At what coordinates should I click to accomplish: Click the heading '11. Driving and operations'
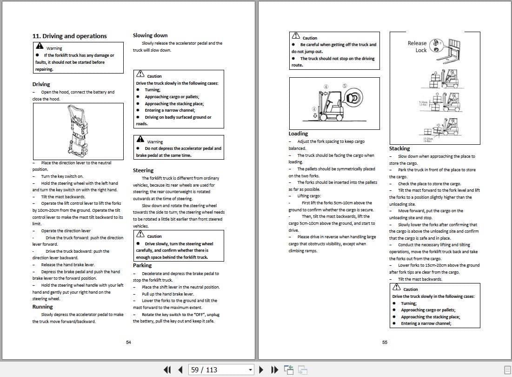[x=69, y=36]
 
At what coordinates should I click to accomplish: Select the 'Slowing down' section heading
[x=150, y=35]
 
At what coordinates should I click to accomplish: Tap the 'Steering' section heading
[x=143, y=170]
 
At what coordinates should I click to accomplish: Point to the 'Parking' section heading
[x=142, y=265]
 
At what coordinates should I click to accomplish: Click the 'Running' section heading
[x=42, y=307]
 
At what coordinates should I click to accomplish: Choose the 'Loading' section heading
[x=298, y=134]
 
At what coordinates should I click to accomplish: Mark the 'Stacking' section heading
[x=399, y=148]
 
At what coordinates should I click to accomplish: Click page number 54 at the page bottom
[x=128, y=343]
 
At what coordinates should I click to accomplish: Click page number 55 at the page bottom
[x=385, y=343]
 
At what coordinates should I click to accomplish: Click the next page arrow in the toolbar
[x=261, y=370]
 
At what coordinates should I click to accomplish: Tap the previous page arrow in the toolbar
[x=180, y=370]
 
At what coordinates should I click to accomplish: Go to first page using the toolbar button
[x=167, y=370]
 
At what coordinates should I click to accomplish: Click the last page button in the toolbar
[x=275, y=370]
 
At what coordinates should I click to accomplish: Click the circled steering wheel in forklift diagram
[x=354, y=98]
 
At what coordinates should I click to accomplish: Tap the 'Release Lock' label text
[x=417, y=47]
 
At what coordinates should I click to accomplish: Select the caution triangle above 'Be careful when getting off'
[x=296, y=36]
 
